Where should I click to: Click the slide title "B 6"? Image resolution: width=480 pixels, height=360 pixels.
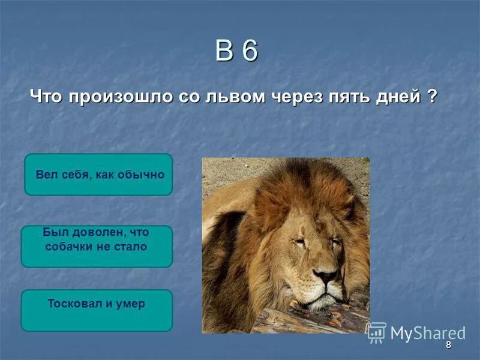pos(236,52)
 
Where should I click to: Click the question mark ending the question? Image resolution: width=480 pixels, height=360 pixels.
pos(432,96)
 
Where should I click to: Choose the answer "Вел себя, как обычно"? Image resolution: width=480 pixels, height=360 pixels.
pos(98,175)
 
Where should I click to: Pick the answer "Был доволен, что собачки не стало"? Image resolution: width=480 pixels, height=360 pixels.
pos(97,246)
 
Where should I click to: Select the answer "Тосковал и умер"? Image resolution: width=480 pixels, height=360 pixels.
pos(97,310)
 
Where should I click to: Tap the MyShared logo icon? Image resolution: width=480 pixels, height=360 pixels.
pos(376,332)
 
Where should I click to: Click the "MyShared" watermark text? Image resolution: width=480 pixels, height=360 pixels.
pos(428,333)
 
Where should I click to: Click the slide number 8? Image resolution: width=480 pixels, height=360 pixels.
pos(448,345)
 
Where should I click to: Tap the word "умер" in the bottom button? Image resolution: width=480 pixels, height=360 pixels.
pos(131,304)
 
